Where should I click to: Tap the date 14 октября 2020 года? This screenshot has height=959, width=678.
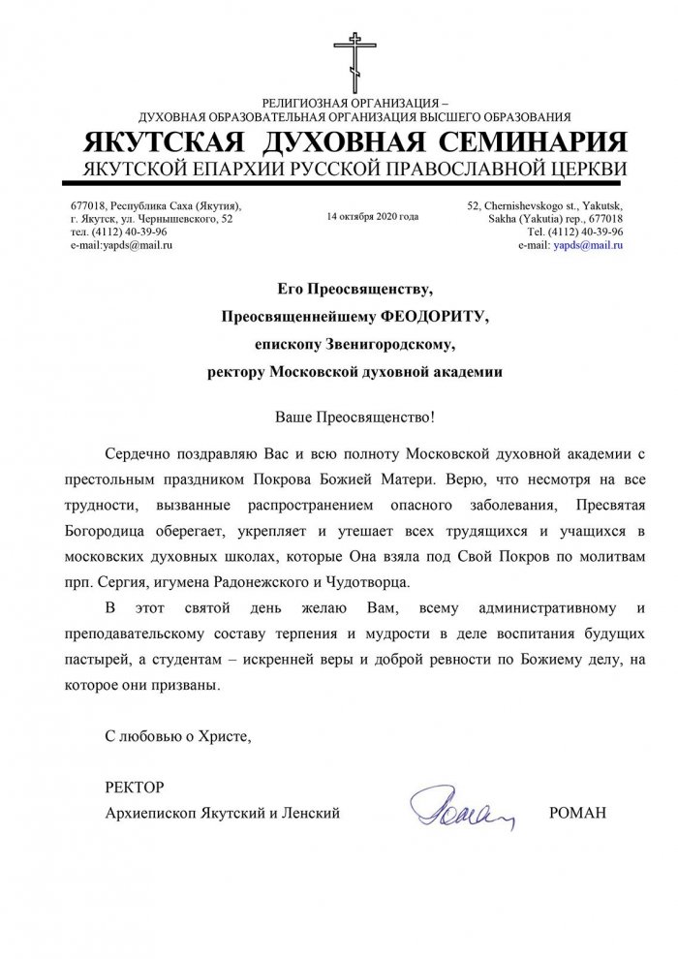373,217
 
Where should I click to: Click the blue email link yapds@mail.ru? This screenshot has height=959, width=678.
587,246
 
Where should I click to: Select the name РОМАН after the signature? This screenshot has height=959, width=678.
577,813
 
